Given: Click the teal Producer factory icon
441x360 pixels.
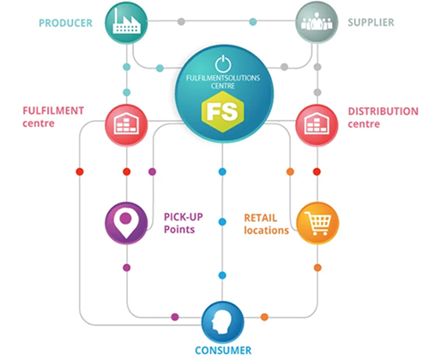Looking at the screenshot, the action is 126,23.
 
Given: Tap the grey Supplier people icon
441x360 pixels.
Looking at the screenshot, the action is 317,22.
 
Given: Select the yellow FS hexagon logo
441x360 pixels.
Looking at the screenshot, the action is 223,111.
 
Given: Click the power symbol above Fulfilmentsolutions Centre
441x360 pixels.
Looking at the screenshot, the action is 223,63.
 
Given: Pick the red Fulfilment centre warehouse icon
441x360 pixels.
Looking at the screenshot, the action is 126,125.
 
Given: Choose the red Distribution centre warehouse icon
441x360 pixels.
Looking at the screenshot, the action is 317,125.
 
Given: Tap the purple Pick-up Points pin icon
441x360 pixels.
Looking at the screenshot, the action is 126,223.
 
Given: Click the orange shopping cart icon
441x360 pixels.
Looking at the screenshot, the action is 317,223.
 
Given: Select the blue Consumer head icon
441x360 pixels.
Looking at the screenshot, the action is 223,322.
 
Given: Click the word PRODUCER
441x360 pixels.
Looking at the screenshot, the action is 65,23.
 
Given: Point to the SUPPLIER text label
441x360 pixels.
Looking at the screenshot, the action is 371,22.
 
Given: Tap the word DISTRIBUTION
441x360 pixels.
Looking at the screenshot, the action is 383,111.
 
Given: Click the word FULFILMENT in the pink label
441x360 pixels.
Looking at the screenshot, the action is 53,111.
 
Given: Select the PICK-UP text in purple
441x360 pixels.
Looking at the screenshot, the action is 184,217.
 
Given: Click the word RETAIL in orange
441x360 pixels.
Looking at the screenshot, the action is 261,218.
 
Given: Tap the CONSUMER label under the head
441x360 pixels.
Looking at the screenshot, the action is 223,351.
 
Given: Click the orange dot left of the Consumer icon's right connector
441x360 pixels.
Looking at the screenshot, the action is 264,317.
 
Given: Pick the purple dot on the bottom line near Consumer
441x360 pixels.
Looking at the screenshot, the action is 175,317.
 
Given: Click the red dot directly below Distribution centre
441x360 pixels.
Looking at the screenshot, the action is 317,171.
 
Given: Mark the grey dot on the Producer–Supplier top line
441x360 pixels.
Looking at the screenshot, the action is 181,21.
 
